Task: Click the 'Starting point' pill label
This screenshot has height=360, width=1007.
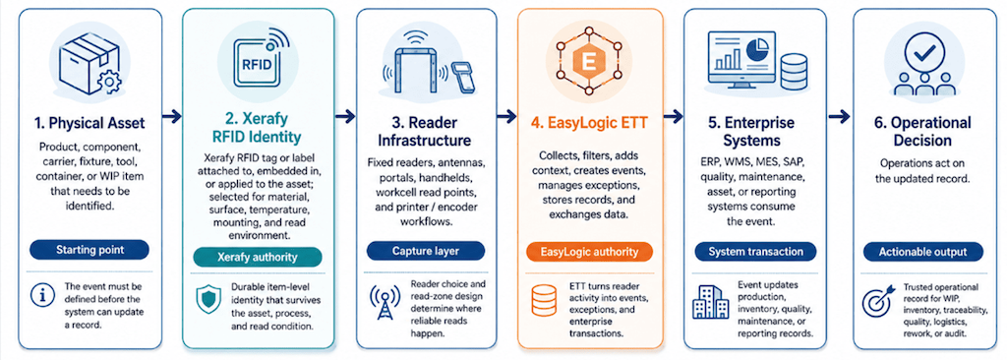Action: (x=89, y=250)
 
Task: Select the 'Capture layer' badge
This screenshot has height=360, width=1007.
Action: (x=427, y=251)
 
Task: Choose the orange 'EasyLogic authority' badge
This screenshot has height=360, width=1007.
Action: (x=590, y=252)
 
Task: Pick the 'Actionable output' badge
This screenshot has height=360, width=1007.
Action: (x=922, y=252)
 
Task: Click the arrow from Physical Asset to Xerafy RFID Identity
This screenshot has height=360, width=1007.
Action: (x=171, y=116)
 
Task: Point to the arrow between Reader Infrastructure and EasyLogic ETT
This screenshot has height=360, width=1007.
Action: (x=506, y=116)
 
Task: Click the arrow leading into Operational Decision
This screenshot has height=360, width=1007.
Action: (x=840, y=116)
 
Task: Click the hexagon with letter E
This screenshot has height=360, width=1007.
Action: (x=588, y=62)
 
